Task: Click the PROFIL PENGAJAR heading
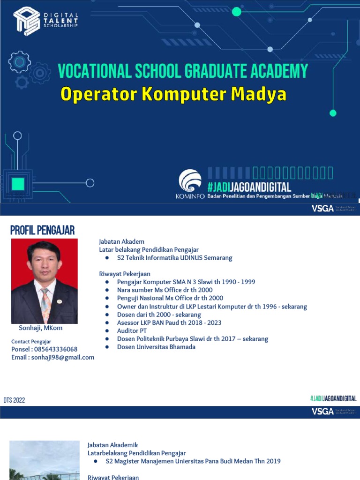(x=43, y=230)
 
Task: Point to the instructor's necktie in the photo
(x=45, y=305)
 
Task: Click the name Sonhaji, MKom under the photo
(x=40, y=328)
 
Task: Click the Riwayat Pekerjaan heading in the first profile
(x=124, y=274)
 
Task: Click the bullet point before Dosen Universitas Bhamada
(x=107, y=347)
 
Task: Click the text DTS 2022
(x=14, y=400)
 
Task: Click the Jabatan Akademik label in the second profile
(x=112, y=445)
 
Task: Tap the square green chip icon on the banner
(x=18, y=184)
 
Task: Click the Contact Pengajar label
(x=31, y=342)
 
